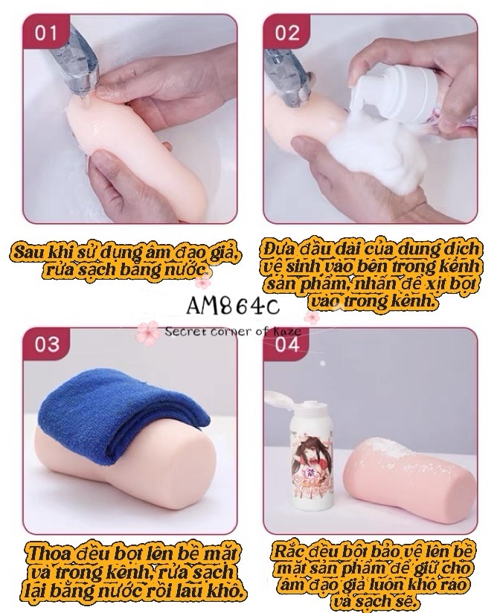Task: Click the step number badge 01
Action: point(44,33)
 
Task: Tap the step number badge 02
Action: point(287,33)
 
